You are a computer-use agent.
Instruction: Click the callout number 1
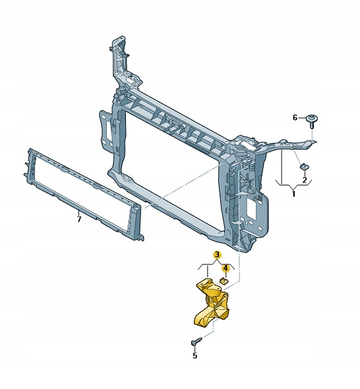point(294,194)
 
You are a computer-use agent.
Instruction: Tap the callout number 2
point(305,180)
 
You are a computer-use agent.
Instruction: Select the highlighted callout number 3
point(217,254)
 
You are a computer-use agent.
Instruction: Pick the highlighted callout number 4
point(225,268)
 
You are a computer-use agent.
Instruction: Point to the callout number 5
point(195,355)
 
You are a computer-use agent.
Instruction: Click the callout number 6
point(295,117)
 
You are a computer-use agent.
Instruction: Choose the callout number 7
point(79,220)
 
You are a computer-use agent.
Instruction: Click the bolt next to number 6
point(312,121)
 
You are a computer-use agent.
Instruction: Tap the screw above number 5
point(196,342)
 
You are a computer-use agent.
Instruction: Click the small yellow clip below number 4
point(224,281)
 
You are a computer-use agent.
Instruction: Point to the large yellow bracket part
point(212,303)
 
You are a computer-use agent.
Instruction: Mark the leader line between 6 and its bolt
point(303,118)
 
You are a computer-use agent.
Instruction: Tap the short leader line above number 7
point(79,213)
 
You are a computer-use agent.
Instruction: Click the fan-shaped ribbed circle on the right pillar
point(247,183)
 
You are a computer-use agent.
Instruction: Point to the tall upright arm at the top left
point(121,65)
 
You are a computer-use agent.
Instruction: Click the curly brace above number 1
point(294,184)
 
